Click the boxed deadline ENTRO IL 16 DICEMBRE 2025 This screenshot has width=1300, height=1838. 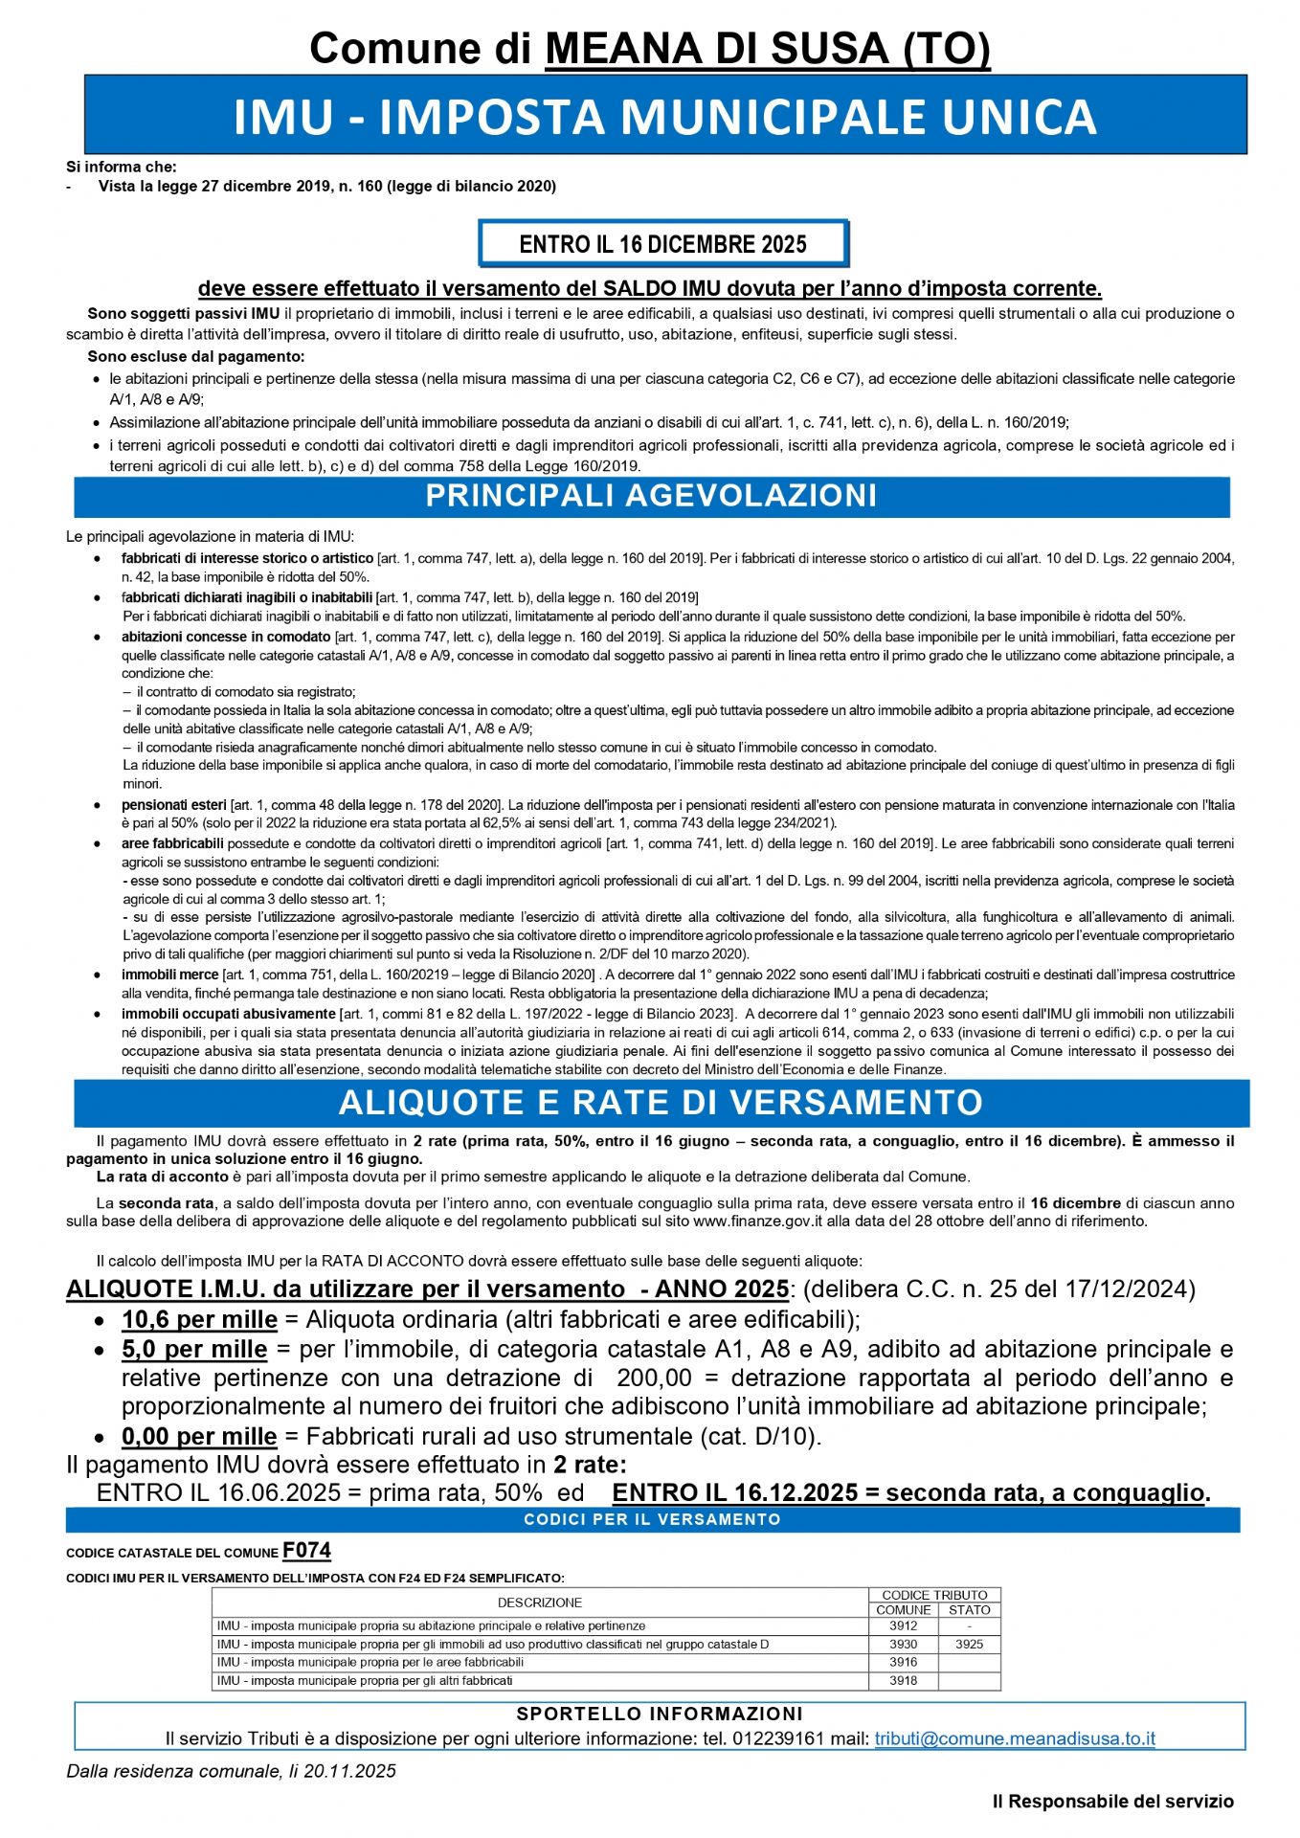tap(662, 244)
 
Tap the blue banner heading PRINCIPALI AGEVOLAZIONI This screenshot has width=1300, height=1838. tap(651, 496)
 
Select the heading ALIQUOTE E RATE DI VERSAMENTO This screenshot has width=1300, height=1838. tap(661, 1103)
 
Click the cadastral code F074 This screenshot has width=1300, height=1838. tap(306, 1551)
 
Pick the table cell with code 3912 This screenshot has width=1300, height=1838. tap(903, 1625)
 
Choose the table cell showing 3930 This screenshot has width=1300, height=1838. tap(903, 1644)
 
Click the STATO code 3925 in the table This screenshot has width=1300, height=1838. tap(969, 1644)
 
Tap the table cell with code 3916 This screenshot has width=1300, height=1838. tap(903, 1662)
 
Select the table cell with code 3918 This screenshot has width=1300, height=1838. tap(903, 1680)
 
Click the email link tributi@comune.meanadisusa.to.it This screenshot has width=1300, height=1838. tap(1014, 1738)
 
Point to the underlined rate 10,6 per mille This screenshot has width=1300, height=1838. tap(199, 1320)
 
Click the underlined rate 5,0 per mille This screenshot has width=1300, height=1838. tap(194, 1350)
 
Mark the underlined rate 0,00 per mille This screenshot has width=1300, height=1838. tap(199, 1437)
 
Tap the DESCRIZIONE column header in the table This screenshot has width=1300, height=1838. tap(540, 1603)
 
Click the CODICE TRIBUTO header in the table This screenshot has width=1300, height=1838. tap(934, 1595)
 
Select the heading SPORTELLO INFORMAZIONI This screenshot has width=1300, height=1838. tap(660, 1714)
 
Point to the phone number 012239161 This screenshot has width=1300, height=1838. tap(777, 1738)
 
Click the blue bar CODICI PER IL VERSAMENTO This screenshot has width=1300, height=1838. tap(652, 1519)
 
